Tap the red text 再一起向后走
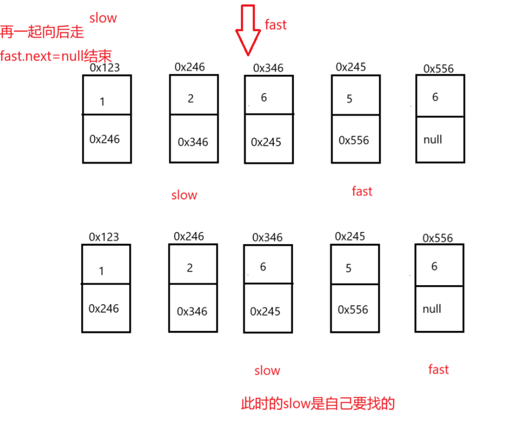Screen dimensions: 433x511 tap(42, 32)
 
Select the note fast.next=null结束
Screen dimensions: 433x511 tap(56, 56)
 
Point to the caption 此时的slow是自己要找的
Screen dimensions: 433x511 tap(318, 403)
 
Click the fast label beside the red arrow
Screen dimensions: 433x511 tap(276, 25)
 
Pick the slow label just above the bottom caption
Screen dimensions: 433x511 tap(267, 370)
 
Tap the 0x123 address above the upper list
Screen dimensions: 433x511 tap(104, 67)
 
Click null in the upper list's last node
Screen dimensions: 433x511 tap(432, 139)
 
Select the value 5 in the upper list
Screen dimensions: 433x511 tap(349, 99)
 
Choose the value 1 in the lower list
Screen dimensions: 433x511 tap(102, 271)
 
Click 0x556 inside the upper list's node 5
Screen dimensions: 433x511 tap(354, 140)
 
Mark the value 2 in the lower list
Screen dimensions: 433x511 tap(190, 268)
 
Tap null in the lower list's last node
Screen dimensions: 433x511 tap(431, 309)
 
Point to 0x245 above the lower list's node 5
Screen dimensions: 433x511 tap(350, 237)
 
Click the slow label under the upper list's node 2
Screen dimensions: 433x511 tap(184, 195)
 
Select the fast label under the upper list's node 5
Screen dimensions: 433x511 tap(362, 191)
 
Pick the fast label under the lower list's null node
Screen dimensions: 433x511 tap(439, 369)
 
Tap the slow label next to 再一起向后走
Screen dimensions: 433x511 tap(103, 18)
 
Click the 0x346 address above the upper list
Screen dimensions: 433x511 tap(268, 68)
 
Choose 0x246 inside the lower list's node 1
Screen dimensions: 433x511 tap(104, 309)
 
